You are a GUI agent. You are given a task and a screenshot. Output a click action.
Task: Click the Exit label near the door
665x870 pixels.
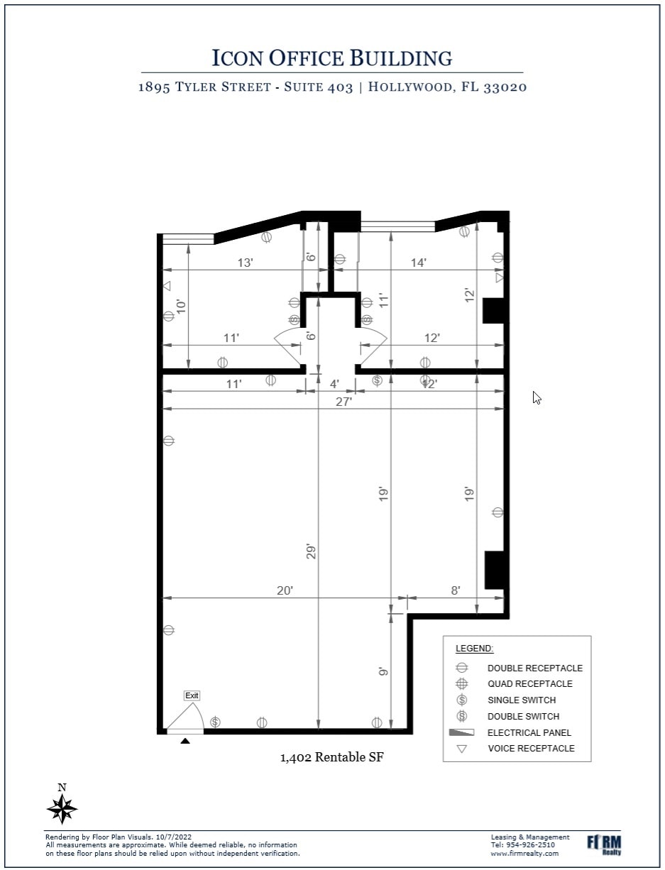tap(192, 695)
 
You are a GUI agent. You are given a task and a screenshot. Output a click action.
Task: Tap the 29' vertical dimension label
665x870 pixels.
tap(311, 551)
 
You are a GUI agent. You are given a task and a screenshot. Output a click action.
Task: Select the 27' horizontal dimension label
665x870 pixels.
tap(344, 402)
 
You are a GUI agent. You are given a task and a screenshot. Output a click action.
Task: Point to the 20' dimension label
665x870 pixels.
tap(285, 590)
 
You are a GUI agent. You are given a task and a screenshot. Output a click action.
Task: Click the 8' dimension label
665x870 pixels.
tap(455, 590)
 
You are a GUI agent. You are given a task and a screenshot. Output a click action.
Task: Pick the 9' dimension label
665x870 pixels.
tap(383, 671)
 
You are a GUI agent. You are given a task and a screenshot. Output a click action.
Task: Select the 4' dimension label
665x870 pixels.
tap(334, 384)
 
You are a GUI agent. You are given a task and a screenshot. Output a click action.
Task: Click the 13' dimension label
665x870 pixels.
tap(245, 263)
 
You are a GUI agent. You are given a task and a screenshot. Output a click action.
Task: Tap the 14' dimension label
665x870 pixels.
tap(419, 263)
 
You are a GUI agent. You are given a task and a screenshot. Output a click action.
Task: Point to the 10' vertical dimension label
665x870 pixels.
tap(181, 307)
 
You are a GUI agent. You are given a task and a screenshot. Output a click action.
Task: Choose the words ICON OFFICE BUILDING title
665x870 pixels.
tap(332, 58)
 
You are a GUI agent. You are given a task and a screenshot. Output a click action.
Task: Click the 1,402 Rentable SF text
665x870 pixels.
tap(332, 758)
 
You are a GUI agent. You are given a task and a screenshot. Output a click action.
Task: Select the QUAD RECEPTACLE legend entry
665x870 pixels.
tap(529, 684)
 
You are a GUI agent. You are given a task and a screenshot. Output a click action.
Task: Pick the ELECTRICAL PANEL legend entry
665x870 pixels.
tap(529, 732)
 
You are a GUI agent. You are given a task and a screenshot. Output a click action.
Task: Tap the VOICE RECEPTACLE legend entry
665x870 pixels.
tap(531, 749)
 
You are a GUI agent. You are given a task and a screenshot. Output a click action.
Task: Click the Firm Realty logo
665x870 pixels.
tap(604, 844)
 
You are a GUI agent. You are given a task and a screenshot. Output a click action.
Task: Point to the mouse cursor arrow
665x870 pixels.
tap(537, 397)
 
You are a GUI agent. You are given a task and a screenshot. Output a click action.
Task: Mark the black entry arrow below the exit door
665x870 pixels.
tap(185, 741)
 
